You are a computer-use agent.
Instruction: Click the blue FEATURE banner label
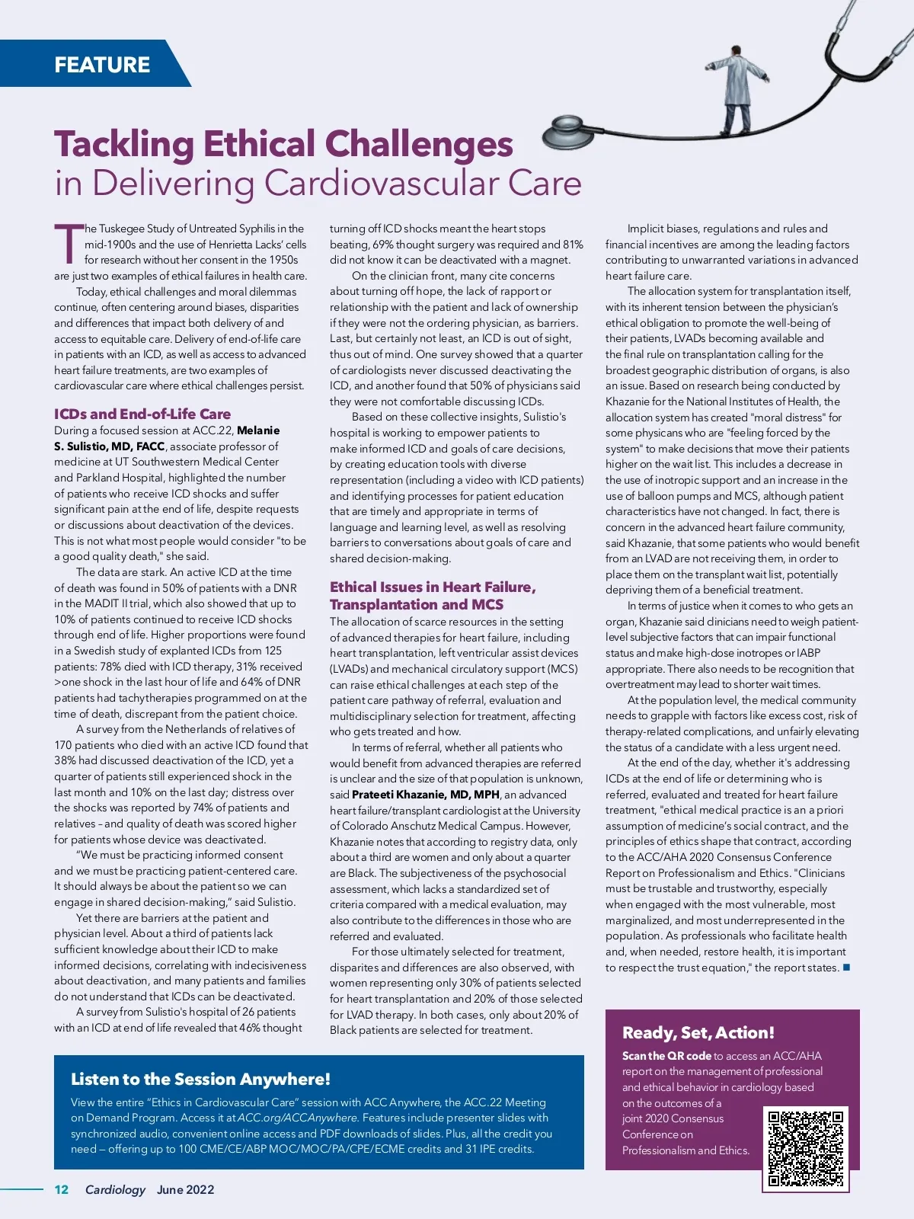click(102, 64)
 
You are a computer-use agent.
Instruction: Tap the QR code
click(806, 1149)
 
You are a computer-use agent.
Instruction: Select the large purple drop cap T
click(68, 244)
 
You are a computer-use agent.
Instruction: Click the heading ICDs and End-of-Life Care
click(142, 414)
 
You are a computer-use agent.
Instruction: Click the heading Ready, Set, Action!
click(698, 1032)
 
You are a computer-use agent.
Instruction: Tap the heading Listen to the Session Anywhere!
click(200, 1079)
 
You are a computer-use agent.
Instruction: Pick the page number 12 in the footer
click(62, 1189)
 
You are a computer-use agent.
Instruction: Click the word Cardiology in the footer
click(115, 1189)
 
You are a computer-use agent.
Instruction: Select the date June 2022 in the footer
click(186, 1189)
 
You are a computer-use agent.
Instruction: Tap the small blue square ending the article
click(846, 968)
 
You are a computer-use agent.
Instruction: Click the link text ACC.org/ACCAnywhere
click(297, 1118)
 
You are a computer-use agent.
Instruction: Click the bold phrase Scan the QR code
click(666, 1056)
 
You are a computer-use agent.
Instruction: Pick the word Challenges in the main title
click(419, 144)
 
